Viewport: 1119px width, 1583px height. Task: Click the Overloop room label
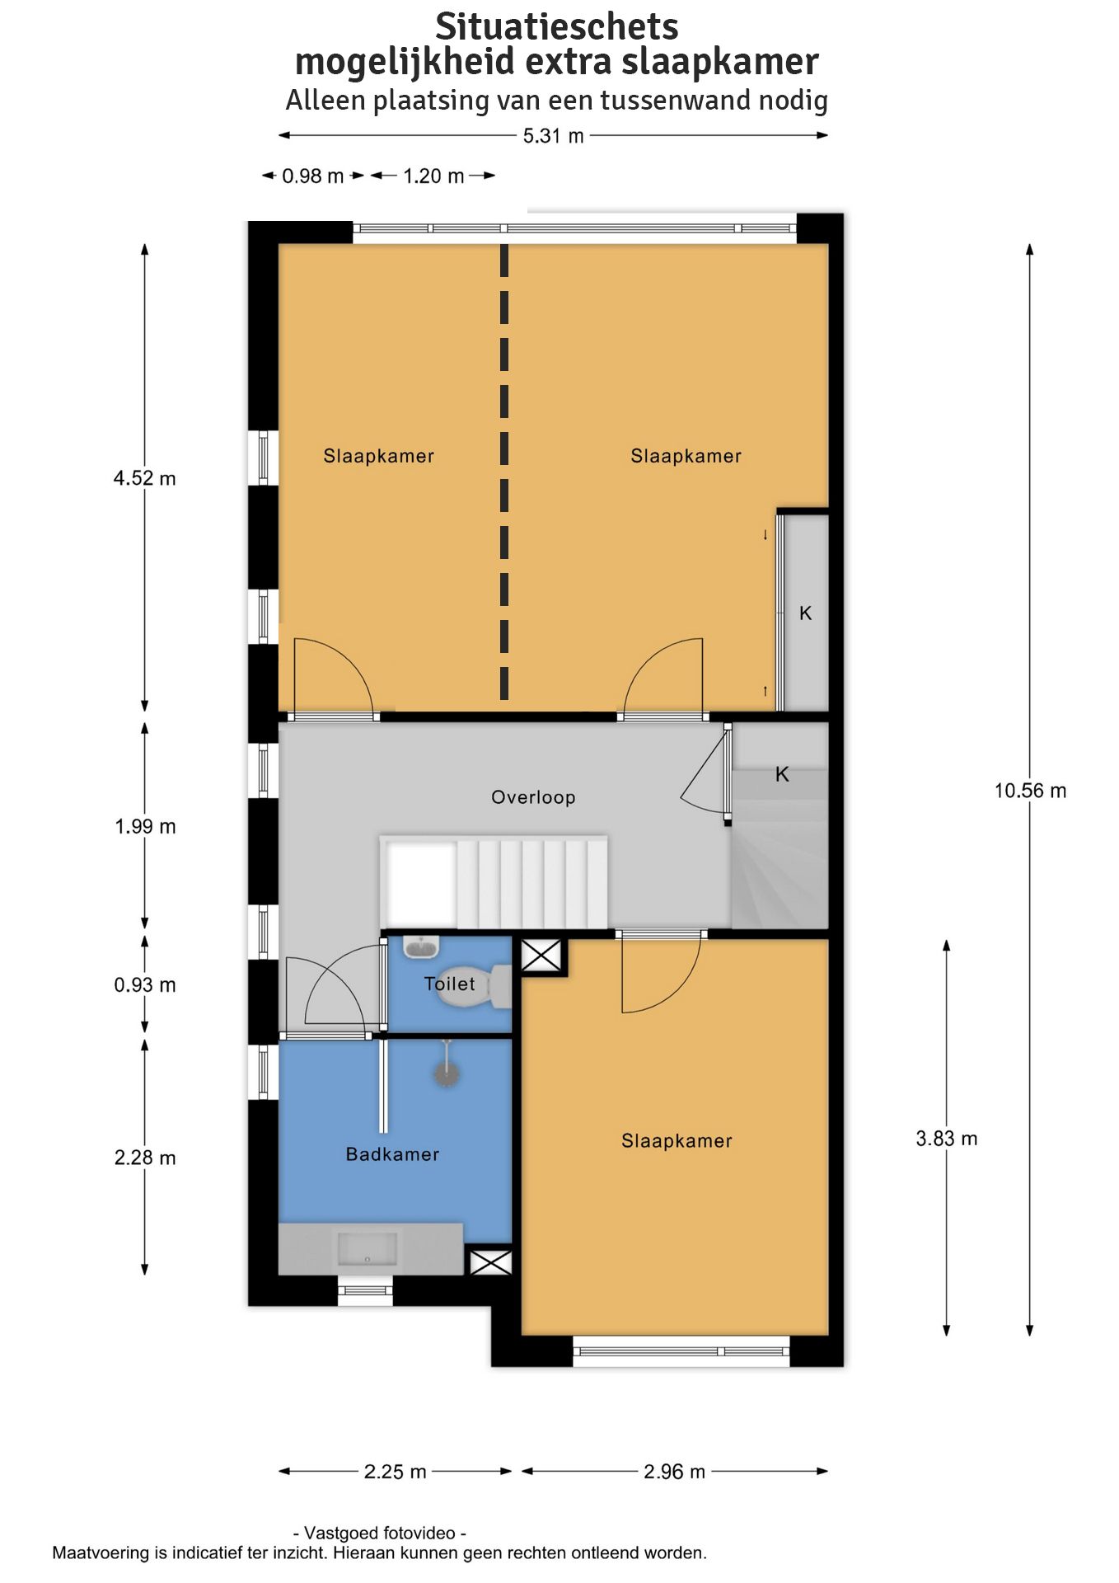[x=533, y=797]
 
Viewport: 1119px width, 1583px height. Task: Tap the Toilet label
[x=449, y=984]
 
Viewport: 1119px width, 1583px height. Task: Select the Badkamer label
[x=392, y=1154]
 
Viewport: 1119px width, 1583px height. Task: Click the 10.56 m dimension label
[x=1030, y=791]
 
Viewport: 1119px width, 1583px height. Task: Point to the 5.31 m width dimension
[x=554, y=136]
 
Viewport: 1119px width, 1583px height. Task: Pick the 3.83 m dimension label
[x=947, y=1139]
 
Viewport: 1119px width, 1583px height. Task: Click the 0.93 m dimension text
[x=145, y=984]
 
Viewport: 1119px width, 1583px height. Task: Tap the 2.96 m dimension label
[x=675, y=1472]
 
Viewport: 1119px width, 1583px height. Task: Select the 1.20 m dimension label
[x=433, y=176]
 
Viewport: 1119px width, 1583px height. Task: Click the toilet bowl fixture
[x=475, y=987]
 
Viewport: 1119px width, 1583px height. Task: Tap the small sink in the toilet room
[x=422, y=947]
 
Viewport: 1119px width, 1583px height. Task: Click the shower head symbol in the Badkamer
[x=447, y=1072]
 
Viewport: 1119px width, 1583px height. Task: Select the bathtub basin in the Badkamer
[x=368, y=1249]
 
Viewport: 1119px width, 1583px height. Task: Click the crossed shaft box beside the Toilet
[x=541, y=956]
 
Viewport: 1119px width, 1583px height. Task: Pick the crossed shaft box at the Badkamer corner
[x=490, y=1262]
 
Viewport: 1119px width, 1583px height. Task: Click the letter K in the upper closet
[x=806, y=613]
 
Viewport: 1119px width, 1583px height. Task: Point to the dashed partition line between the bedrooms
[x=504, y=472]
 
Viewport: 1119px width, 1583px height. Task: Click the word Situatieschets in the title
[x=557, y=27]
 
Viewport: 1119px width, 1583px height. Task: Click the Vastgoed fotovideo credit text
[x=380, y=1533]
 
